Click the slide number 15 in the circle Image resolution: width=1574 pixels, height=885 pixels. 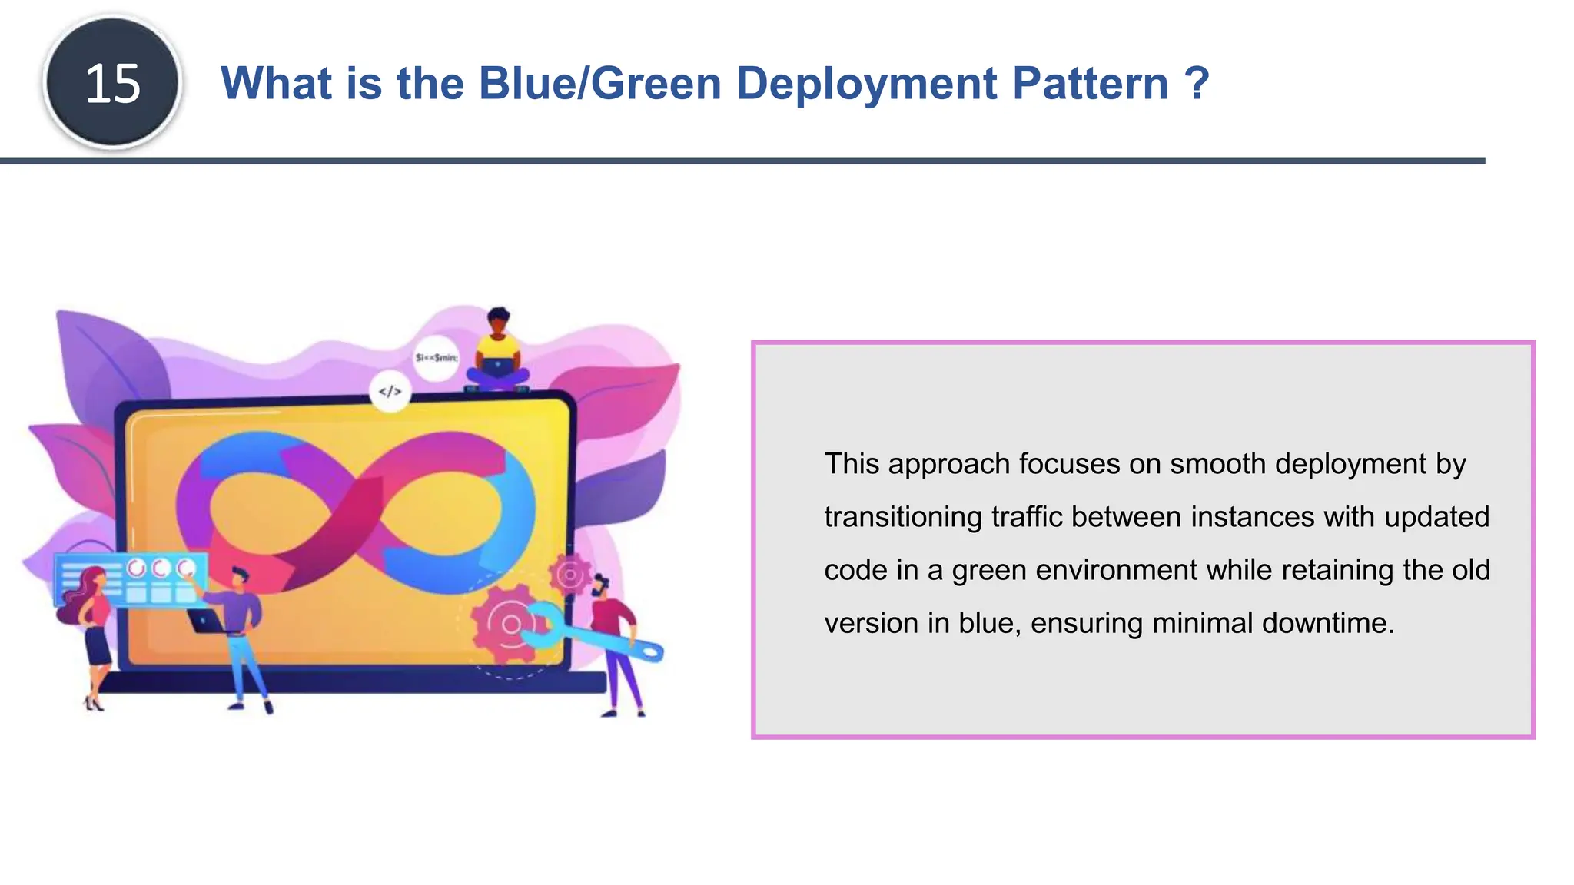(113, 83)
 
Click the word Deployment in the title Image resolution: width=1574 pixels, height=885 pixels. (865, 83)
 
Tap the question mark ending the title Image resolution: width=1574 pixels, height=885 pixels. (1197, 83)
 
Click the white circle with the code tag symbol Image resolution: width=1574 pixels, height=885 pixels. (390, 392)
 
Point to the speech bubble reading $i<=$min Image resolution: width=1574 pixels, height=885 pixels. (436, 357)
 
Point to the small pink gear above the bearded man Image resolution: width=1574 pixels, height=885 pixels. (569, 574)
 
